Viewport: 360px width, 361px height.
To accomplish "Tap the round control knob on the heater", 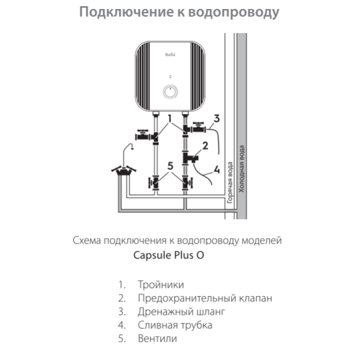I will tap(170, 92).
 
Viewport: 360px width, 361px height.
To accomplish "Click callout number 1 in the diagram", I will tap(171, 119).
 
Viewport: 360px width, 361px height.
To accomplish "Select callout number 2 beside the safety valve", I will tap(205, 146).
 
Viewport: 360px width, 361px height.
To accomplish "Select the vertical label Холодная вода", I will tap(242, 168).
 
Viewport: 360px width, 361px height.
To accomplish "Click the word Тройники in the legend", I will tap(161, 285).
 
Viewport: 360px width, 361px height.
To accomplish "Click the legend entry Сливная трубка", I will tap(175, 325).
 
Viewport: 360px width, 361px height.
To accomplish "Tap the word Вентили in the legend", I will tap(157, 338).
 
